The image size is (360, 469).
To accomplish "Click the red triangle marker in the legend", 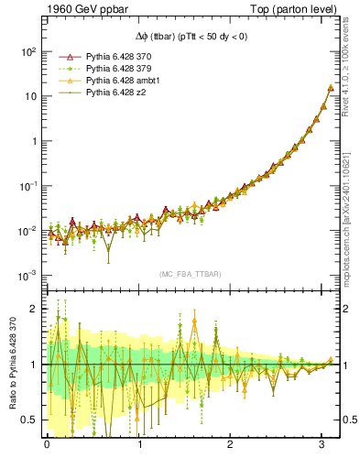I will click(x=62, y=57).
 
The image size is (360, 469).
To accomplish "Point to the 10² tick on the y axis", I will click(x=27, y=51).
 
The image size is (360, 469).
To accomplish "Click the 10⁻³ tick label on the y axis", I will click(x=27, y=275).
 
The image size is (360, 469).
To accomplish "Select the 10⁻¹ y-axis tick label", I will click(x=27, y=185).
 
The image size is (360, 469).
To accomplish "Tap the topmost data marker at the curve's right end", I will click(x=331, y=89).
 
